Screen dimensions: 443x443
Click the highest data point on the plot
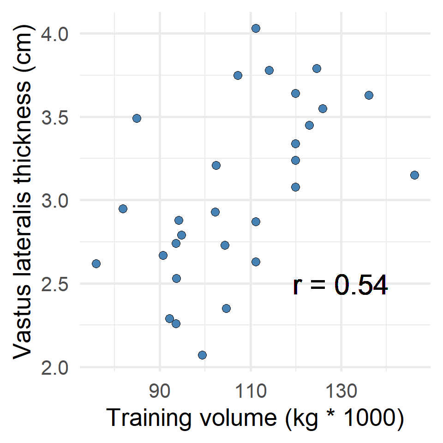click(256, 28)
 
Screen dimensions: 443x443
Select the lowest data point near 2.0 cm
click(202, 355)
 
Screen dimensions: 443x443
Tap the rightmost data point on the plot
click(414, 175)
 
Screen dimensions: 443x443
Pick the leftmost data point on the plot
click(96, 263)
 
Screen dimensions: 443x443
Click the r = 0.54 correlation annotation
click(340, 286)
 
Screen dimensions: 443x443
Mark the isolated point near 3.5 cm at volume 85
click(137, 118)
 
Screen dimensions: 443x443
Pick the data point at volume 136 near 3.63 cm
click(369, 95)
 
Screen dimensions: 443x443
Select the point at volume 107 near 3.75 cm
click(238, 75)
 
